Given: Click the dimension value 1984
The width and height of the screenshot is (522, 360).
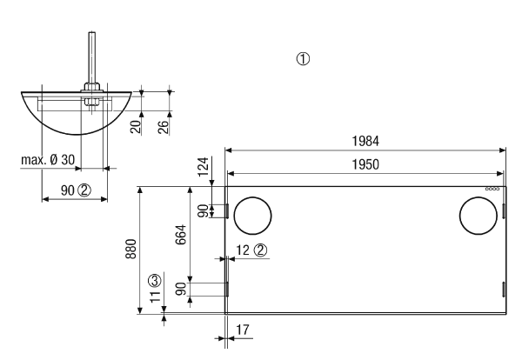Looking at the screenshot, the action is pos(365,141).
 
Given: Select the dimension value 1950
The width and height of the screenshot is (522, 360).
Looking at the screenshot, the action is pos(365,164).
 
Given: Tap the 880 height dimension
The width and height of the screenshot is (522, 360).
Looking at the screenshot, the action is pos(130,249).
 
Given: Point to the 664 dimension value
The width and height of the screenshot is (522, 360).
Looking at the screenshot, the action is pos(181,235).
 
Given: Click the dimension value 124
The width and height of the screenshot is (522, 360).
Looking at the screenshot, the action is pos(204,167).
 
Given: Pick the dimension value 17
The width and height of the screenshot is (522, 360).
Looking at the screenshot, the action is pos(243,330).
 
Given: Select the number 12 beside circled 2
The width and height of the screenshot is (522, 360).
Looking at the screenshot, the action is pos(243,250).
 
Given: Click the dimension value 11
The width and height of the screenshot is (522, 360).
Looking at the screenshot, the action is pos(156,297).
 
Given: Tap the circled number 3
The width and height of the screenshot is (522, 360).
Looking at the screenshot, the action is pos(155,281).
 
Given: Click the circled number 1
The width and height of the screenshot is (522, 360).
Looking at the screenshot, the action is pos(303,59).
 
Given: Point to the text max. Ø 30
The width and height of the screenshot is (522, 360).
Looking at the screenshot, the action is pos(48,160).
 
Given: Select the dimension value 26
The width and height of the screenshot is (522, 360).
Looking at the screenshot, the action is pos(164,127).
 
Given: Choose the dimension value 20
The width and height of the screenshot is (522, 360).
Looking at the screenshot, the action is pos(136,127).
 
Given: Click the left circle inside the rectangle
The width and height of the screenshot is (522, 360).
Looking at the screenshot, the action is pos(252,197).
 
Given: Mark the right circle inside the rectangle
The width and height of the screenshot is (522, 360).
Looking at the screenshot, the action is pos(478,197).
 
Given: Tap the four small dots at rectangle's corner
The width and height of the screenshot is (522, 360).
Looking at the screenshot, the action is pos(492,189).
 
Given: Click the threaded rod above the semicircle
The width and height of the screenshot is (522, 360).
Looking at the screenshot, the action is pos(91,57).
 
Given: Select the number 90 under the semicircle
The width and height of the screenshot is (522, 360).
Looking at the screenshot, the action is pos(68,190).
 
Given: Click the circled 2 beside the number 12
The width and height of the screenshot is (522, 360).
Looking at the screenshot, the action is pos(261,250).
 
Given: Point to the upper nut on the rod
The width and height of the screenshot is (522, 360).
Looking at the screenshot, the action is pos(92,87).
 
